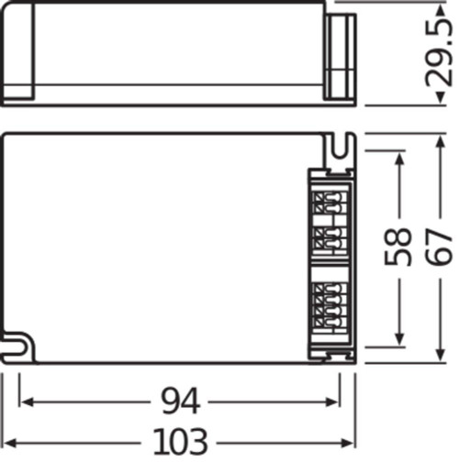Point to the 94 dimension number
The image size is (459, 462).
click(178, 401)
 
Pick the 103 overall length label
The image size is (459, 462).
click(180, 440)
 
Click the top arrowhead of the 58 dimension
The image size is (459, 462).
click(398, 159)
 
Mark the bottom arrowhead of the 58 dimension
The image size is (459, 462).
click(398, 340)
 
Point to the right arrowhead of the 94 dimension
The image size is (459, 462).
click(335, 401)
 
